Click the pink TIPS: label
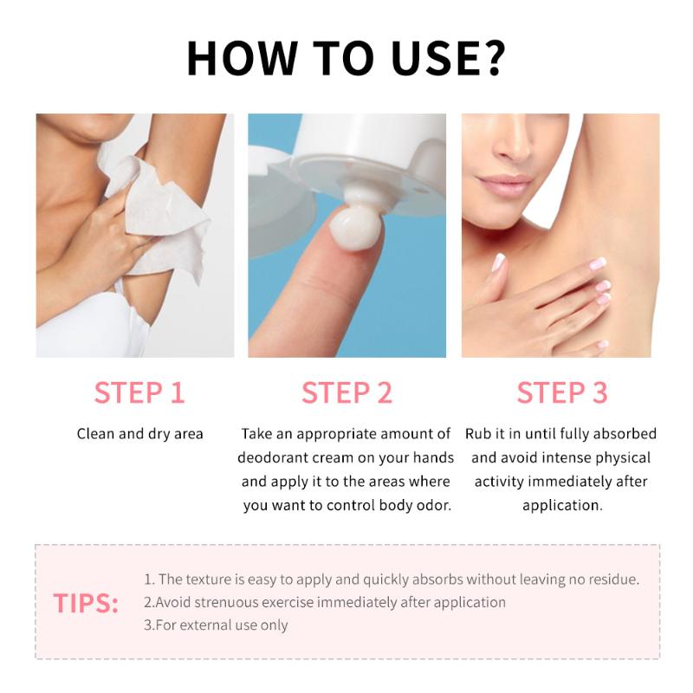[x=86, y=603]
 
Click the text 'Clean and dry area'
[x=139, y=433]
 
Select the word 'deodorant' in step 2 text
[x=275, y=457]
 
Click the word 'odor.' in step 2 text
[x=431, y=505]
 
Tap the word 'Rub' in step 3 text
[x=480, y=433]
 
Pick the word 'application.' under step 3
[x=561, y=504]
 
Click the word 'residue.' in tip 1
[x=612, y=580]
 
